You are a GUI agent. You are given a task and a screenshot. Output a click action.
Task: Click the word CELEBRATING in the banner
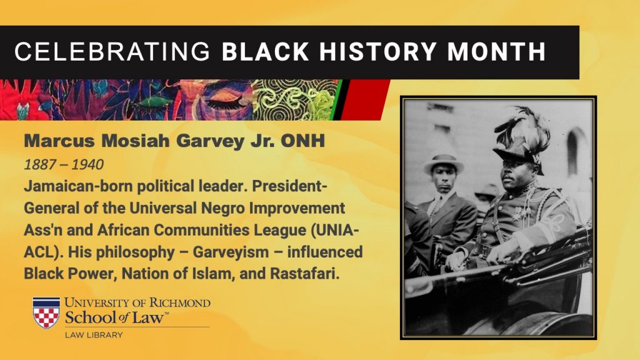[x=112, y=52]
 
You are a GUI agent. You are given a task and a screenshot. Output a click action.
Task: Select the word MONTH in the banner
[x=496, y=52]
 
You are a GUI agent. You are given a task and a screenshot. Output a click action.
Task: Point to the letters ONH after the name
[x=302, y=141]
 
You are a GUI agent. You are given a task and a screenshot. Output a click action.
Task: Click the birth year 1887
[x=40, y=164]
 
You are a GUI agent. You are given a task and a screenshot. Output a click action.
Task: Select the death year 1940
[x=87, y=164]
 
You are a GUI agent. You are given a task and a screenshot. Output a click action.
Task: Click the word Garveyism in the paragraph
[x=231, y=252]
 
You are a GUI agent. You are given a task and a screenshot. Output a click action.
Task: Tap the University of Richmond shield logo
[x=46, y=312]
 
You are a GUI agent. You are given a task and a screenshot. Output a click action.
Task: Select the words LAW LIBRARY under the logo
[x=94, y=335]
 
